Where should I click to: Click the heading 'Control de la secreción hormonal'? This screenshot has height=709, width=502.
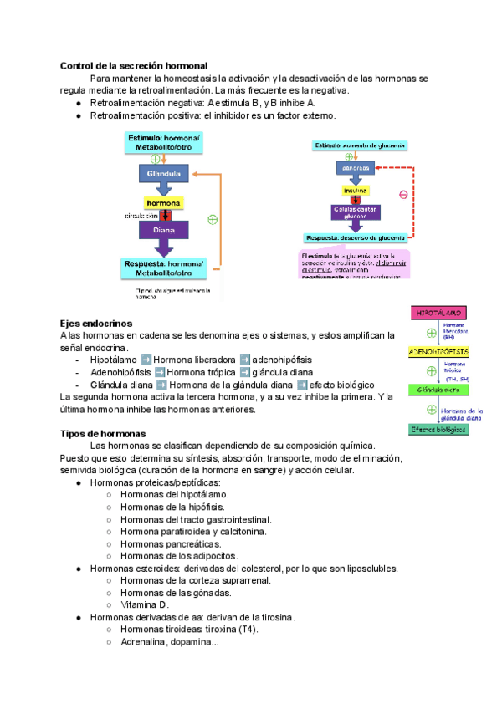(134, 65)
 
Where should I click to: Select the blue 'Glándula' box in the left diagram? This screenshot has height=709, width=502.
(164, 174)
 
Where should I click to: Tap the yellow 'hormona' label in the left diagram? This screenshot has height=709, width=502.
(164, 203)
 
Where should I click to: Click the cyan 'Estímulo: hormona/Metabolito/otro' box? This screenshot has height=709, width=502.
(163, 142)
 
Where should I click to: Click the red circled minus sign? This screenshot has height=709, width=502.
(403, 194)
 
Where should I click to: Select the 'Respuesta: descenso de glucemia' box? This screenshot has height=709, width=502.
(356, 237)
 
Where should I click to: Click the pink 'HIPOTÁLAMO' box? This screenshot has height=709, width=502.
(439, 313)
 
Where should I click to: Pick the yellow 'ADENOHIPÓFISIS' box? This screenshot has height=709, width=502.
(439, 352)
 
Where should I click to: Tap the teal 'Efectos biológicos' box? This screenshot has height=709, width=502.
(439, 430)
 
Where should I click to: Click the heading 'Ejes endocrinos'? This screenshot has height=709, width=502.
(96, 323)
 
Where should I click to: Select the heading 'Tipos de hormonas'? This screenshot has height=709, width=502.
(103, 433)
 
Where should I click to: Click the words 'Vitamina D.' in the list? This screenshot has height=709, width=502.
(145, 604)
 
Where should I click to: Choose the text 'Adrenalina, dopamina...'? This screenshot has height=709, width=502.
(170, 642)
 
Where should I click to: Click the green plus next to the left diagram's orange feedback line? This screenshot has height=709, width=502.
(213, 220)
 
